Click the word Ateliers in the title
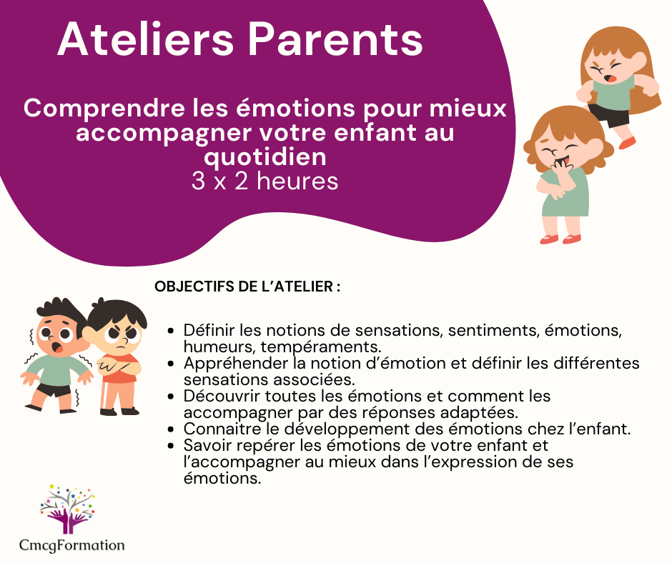pyautogui.click(x=146, y=39)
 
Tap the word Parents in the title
pyautogui.click(x=335, y=39)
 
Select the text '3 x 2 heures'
pyautogui.click(x=265, y=181)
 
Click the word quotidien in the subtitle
pyautogui.click(x=265, y=157)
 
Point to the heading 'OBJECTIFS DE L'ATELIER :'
pyautogui.click(x=247, y=287)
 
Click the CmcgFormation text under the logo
pyautogui.click(x=72, y=545)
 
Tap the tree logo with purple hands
pyautogui.click(x=68, y=509)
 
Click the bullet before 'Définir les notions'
pyautogui.click(x=171, y=331)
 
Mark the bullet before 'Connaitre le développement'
pyautogui.click(x=171, y=429)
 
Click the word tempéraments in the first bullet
pyautogui.click(x=320, y=347)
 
